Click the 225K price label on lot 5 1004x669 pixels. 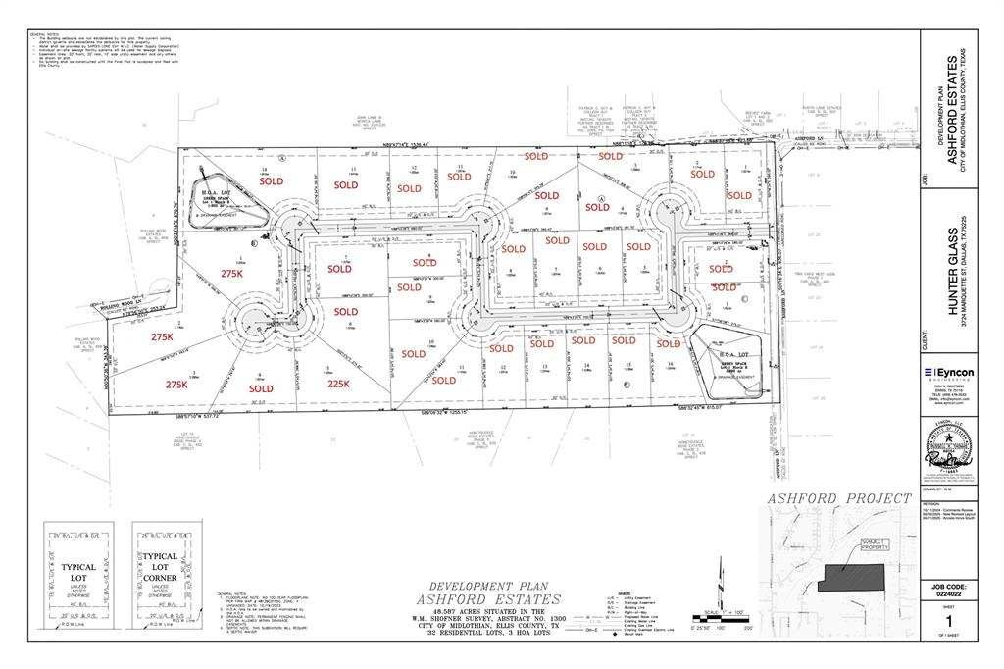pos(338,385)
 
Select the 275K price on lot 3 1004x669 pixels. pos(176,385)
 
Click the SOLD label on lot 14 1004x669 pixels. pos(271,181)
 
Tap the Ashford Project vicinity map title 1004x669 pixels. pos(839,498)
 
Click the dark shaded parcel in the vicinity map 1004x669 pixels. pos(850,576)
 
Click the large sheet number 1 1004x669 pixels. pos(948,620)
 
